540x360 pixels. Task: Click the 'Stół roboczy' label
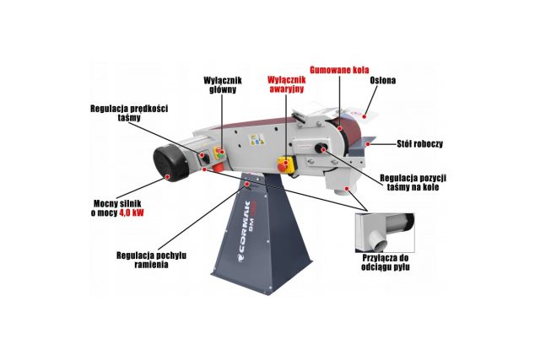pyautogui.click(x=419, y=144)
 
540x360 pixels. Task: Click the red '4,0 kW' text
pyautogui.click(x=132, y=214)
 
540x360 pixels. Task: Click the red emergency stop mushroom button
pyautogui.click(x=285, y=164)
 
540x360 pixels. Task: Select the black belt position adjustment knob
pyautogui.click(x=321, y=149)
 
